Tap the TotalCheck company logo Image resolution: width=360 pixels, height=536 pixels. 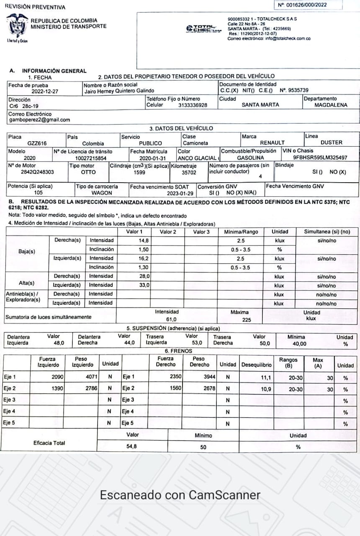(204, 28)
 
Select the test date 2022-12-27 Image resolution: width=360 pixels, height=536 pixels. (45, 90)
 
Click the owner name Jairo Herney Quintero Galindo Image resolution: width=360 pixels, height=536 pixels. (119, 90)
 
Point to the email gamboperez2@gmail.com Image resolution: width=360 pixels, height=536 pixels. (40, 120)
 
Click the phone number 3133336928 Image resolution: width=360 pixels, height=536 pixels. (193, 105)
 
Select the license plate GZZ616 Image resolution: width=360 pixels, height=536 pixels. (37, 143)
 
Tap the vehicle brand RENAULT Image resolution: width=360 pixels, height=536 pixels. (272, 143)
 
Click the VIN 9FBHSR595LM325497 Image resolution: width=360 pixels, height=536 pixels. (320, 158)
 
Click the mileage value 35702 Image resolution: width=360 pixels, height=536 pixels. (189, 172)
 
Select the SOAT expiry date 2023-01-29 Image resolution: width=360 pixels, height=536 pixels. (180, 193)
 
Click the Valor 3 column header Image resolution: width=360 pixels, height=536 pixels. (201, 232)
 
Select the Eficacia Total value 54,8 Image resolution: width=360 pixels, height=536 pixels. (132, 446)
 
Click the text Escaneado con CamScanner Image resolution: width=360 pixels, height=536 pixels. (180, 495)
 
